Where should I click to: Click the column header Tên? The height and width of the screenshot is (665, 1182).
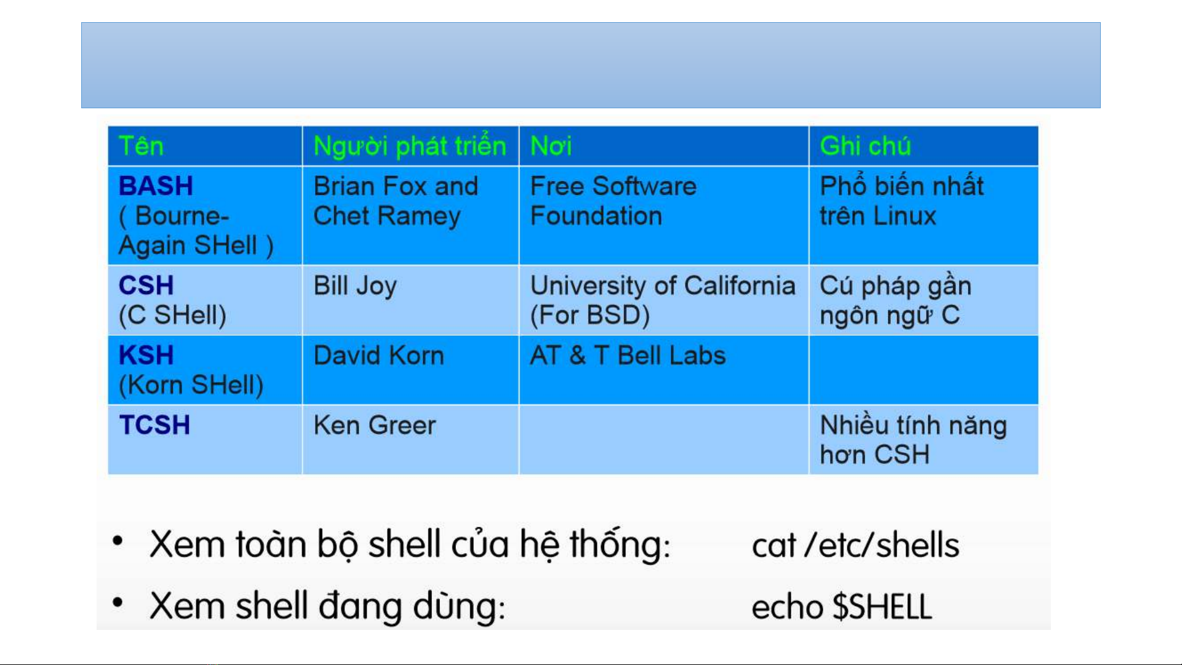[141, 146]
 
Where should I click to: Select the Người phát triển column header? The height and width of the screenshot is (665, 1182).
[410, 146]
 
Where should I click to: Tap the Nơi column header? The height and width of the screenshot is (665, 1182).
[551, 146]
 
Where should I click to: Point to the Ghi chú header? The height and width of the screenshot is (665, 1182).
[865, 146]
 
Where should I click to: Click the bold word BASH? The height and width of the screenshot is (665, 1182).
[156, 186]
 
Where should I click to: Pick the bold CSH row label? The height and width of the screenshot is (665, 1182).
[146, 285]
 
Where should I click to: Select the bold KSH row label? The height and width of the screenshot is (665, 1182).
[146, 356]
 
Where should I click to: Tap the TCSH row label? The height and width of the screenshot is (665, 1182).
[154, 425]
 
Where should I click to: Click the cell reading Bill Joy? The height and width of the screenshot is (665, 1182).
[355, 287]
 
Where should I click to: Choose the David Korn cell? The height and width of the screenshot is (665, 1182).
[379, 356]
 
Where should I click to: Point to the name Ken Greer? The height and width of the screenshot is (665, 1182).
[375, 425]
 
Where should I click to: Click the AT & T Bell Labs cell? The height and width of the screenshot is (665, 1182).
[628, 356]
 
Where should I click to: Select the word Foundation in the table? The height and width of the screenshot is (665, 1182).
[596, 216]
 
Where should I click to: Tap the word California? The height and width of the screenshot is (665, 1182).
[740, 285]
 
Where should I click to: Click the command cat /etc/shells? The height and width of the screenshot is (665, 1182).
[855, 545]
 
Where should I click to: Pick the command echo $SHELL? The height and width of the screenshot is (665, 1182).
[842, 607]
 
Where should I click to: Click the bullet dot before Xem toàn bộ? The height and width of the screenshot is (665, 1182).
[118, 541]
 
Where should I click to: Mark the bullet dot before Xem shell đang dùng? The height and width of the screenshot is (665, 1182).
[118, 603]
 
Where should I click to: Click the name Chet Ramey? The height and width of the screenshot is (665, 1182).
[387, 217]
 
